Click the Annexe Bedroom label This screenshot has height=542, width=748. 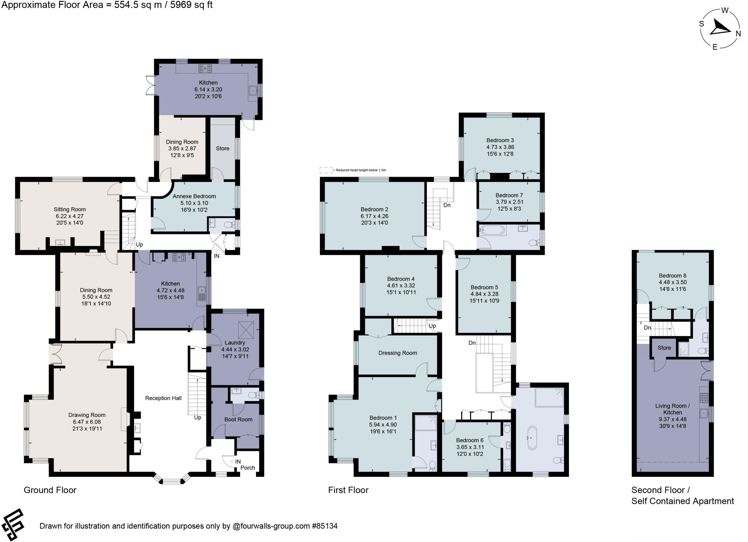coord(194,196)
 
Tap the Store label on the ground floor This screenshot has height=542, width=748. coord(222,148)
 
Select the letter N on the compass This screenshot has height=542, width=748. coord(738,34)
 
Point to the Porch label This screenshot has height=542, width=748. coord(248,467)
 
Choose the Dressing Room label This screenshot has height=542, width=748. coord(397,353)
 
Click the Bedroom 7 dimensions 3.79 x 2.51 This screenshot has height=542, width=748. coord(509,202)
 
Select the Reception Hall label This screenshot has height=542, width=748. coord(163,398)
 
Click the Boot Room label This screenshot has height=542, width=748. coord(238,419)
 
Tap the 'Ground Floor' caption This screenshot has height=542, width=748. coord(50,490)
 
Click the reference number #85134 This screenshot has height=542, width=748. coord(324,526)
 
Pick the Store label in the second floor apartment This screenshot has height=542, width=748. coord(664,348)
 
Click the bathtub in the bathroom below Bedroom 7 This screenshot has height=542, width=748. coord(492,230)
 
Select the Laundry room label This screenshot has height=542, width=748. coord(234,342)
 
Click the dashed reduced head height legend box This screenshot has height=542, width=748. coord(325,170)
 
